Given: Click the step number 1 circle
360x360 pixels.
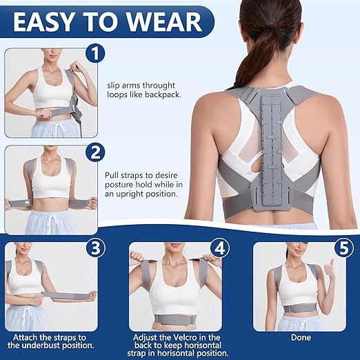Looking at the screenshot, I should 96,54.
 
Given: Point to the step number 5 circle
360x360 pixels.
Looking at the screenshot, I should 343,247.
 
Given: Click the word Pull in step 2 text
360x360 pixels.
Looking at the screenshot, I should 112,176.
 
